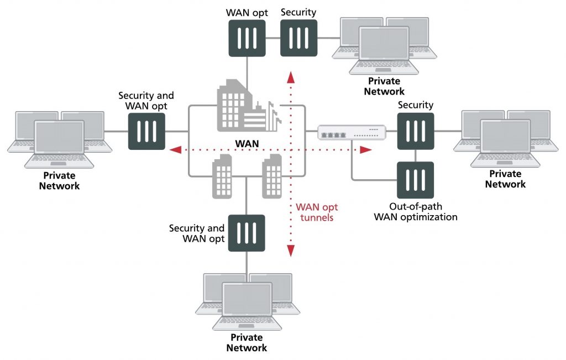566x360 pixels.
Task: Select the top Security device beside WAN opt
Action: [298, 38]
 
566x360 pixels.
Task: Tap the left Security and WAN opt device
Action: [146, 132]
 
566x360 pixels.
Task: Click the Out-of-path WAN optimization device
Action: [415, 180]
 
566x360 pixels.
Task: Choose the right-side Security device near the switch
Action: [415, 132]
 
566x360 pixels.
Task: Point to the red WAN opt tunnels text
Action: [317, 212]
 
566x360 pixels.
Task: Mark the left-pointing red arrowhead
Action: [175, 149]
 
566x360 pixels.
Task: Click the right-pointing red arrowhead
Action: [365, 149]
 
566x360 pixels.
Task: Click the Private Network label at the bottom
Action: [247, 342]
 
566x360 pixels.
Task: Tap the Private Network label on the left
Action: [59, 181]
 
